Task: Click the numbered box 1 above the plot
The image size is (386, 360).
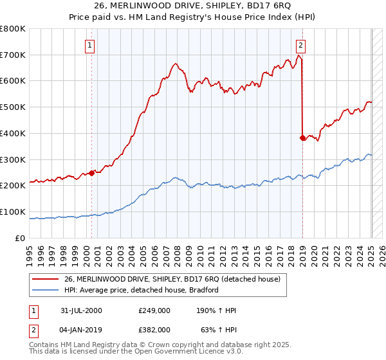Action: [x=89, y=45]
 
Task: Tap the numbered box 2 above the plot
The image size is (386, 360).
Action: [x=300, y=45]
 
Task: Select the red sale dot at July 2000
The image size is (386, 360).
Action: [x=92, y=172]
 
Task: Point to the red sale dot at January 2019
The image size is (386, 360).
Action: [x=302, y=137]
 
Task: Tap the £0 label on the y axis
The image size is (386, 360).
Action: [x=20, y=238]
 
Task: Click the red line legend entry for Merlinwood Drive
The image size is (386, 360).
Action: [x=172, y=279]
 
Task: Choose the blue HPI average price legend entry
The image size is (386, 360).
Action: [x=142, y=290]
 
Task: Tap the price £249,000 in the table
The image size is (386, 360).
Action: [x=154, y=310]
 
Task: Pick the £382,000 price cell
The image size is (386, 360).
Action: [x=154, y=329]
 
